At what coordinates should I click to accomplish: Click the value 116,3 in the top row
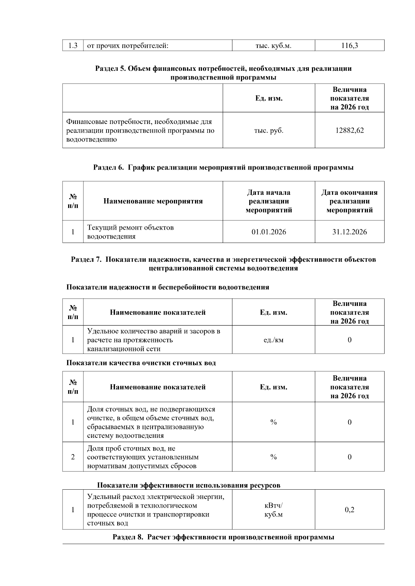349,45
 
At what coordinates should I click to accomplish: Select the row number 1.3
73,45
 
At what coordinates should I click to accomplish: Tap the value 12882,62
349,131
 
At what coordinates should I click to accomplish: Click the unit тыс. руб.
269,131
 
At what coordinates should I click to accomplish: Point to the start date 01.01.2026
269,232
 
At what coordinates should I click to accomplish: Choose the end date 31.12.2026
349,232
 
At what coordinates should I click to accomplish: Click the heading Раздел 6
223,167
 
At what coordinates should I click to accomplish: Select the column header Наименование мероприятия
153,201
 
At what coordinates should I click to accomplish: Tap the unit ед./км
273,340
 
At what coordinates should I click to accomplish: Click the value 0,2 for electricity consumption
349,510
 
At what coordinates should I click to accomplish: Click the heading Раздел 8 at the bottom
223,537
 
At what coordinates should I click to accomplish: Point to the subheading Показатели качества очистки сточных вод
141,363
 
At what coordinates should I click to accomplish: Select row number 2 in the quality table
73,457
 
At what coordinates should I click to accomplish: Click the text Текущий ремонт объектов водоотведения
130,232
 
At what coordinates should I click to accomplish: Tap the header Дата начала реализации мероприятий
269,201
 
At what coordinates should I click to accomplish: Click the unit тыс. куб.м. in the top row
273,45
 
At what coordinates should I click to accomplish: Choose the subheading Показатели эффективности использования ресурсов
188,485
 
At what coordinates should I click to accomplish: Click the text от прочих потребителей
128,45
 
